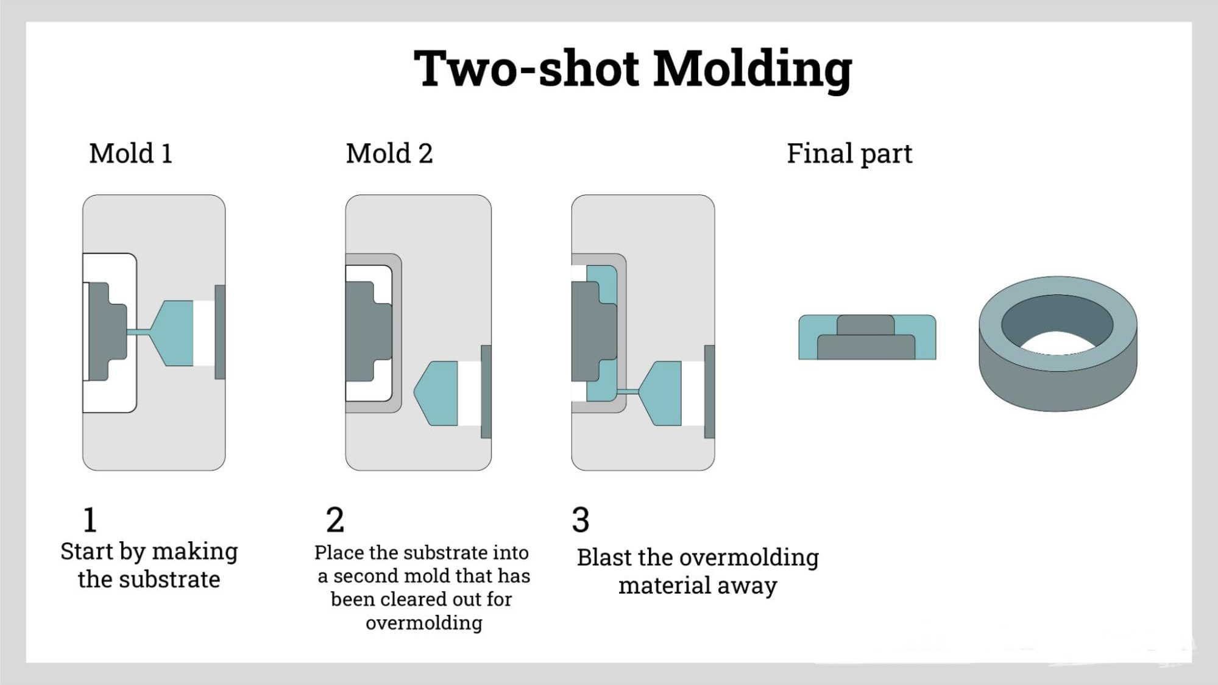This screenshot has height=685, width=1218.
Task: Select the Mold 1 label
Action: click(131, 154)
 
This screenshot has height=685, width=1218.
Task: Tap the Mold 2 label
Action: click(389, 154)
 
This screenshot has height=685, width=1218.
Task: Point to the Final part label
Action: click(849, 154)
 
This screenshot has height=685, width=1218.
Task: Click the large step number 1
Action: click(90, 520)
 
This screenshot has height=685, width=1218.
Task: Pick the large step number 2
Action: click(335, 520)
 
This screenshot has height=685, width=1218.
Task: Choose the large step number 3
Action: click(580, 520)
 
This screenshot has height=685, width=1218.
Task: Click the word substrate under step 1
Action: click(169, 580)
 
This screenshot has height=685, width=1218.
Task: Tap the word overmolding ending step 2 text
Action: click(424, 623)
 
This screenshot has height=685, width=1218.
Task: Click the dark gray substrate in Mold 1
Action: click(107, 332)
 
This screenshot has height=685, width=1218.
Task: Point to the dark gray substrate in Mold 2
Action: click(366, 332)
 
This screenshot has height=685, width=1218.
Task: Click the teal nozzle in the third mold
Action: click(664, 393)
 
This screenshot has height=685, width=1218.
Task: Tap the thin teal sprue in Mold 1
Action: click(138, 332)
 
